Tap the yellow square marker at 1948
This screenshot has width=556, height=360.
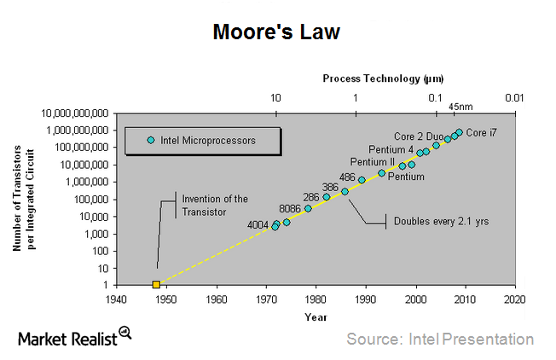pyautogui.click(x=156, y=284)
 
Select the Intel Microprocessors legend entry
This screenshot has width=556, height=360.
pyautogui.click(x=201, y=140)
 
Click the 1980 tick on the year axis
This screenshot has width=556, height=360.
pyautogui.click(x=316, y=300)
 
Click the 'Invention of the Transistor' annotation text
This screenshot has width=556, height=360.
pyautogui.click(x=214, y=205)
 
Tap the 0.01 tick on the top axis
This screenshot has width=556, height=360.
pyautogui.click(x=513, y=98)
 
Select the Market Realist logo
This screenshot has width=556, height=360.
pyautogui.click(x=75, y=338)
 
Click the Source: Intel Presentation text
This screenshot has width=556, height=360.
pyautogui.click(x=439, y=339)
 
